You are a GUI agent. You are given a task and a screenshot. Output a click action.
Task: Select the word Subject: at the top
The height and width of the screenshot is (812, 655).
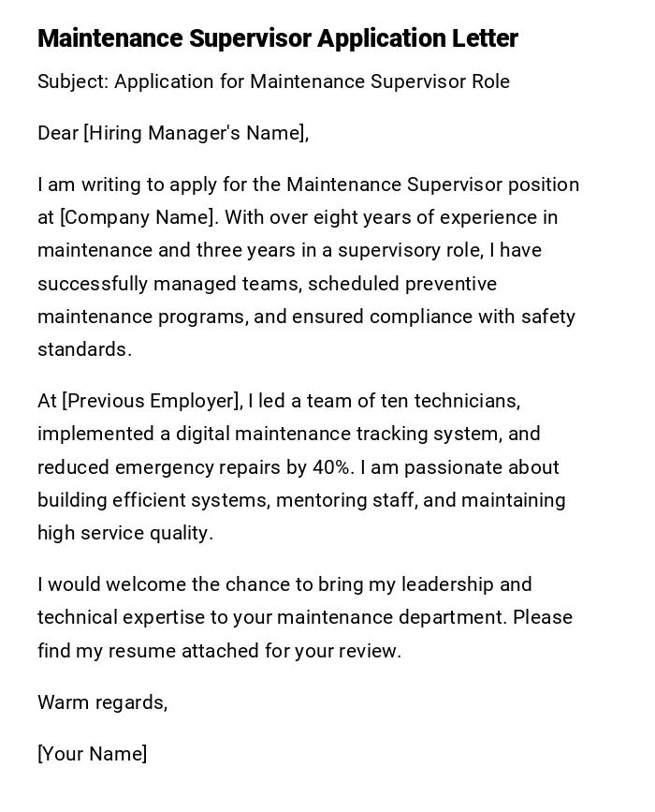[73, 81]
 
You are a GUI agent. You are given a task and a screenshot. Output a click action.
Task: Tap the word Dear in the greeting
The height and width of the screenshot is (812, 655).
[58, 133]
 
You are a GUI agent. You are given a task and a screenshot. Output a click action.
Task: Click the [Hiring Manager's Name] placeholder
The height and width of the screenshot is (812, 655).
[196, 133]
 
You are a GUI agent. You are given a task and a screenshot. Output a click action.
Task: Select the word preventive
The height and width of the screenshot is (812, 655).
[450, 283]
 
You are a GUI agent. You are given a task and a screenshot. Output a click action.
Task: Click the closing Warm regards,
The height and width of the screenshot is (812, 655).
[103, 702]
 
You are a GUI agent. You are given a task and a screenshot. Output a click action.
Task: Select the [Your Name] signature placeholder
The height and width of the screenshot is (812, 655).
[93, 754]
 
